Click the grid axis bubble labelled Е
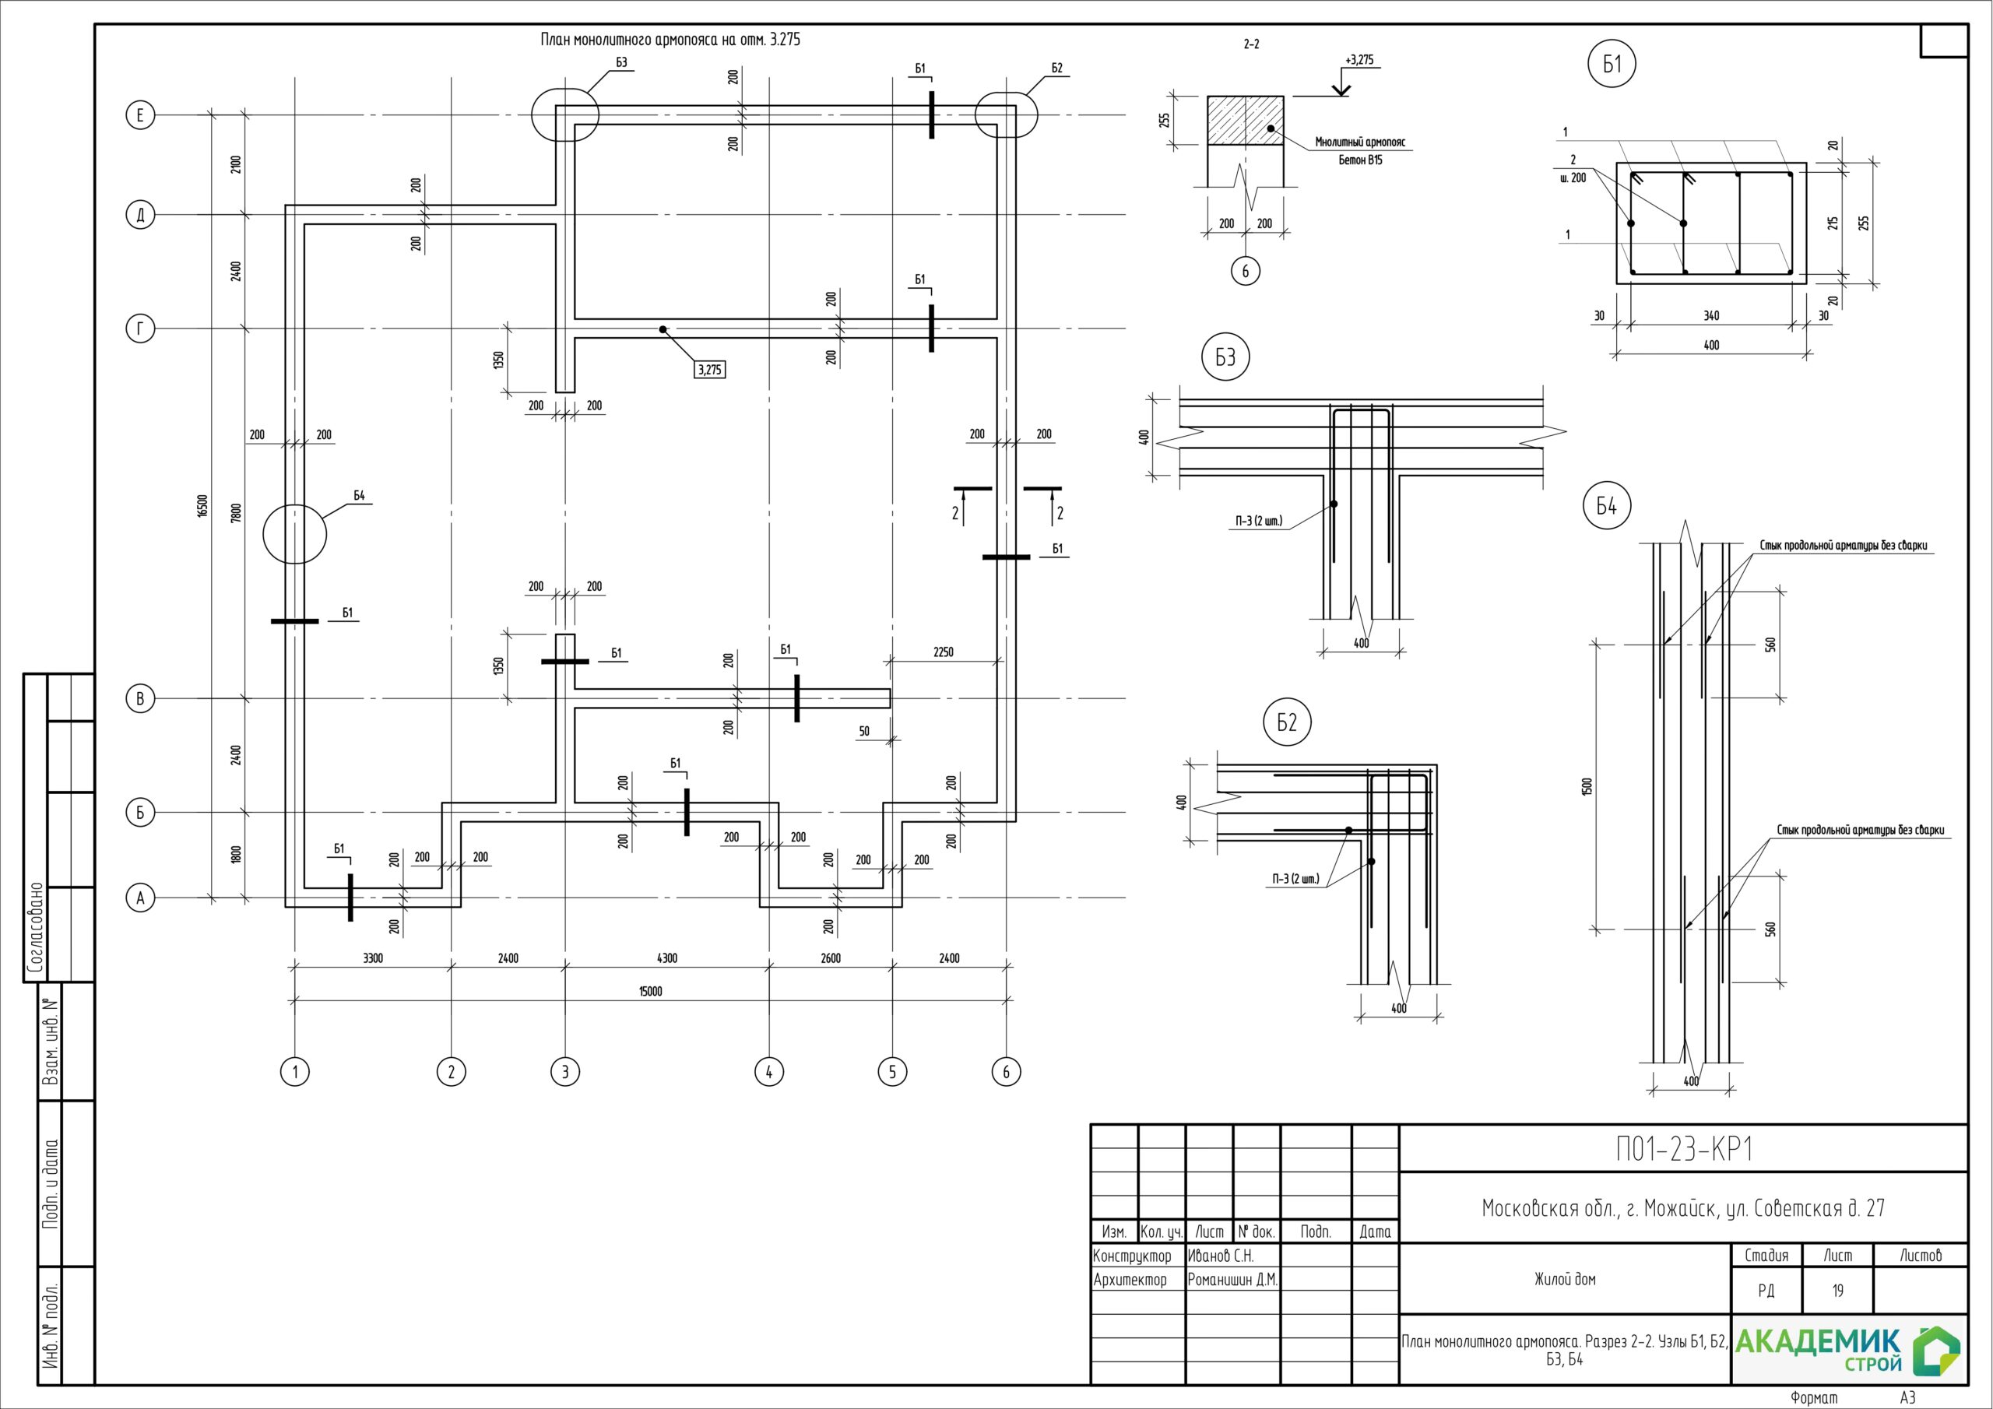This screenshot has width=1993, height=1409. [141, 115]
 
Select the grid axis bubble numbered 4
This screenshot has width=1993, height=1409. [769, 1072]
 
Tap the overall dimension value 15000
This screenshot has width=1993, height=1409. [650, 992]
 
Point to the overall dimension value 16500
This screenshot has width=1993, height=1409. [202, 506]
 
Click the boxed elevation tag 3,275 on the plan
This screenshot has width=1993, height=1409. [709, 370]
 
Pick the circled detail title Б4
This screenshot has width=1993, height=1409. [1607, 506]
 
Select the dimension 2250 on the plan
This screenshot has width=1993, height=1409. [943, 652]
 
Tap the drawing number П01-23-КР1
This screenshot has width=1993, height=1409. [1684, 1150]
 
